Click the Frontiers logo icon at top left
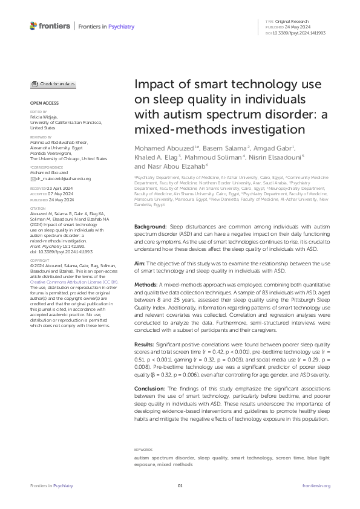(x=33, y=25)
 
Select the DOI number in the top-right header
(x=300, y=32)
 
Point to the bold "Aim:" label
(x=139, y=247)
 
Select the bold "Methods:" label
(x=146, y=267)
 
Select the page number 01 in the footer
(x=180, y=485)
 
